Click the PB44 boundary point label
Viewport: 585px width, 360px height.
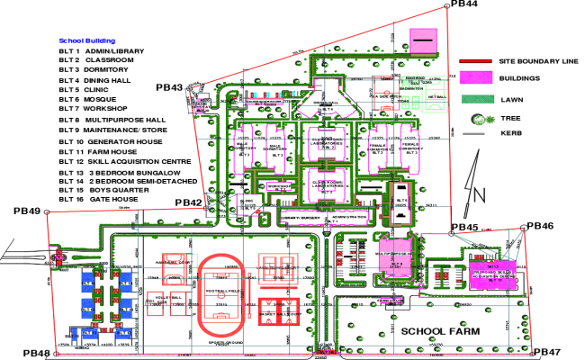click(x=464, y=4)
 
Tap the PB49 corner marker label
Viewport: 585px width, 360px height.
click(x=27, y=211)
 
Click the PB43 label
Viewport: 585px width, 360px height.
click(x=169, y=87)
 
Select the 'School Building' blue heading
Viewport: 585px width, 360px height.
click(x=86, y=40)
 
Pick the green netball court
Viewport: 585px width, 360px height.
click(x=437, y=95)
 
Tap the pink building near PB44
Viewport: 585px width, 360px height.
click(x=423, y=41)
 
